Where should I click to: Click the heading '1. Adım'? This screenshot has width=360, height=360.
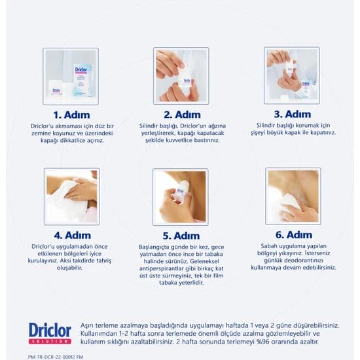point(71,115)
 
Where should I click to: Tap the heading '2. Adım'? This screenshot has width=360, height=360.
point(182,115)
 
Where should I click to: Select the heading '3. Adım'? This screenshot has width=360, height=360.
point(293,114)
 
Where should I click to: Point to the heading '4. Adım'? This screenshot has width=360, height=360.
point(72,236)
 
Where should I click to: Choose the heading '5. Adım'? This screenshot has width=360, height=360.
point(181,236)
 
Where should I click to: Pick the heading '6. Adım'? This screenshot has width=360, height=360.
point(294,235)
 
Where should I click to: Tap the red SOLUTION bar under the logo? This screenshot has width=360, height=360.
point(50,342)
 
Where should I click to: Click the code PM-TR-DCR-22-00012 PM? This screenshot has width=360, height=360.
point(56,357)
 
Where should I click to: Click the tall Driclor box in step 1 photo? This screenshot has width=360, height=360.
point(83,80)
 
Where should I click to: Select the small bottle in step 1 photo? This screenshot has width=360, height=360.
point(56,89)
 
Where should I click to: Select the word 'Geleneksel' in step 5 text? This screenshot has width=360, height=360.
point(204,261)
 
